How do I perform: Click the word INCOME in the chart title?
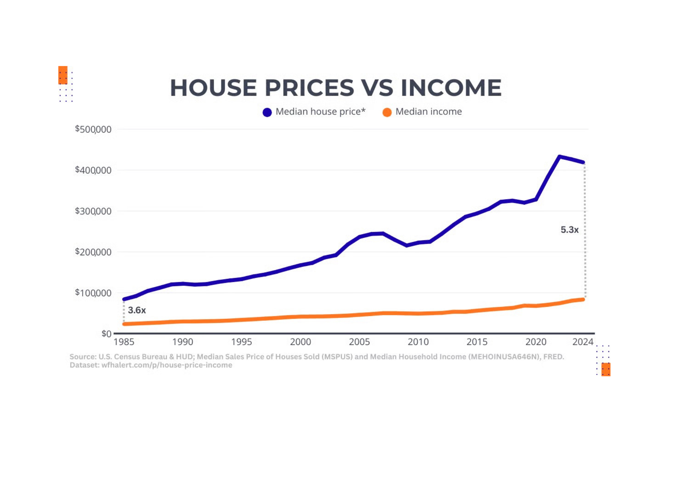point(451,88)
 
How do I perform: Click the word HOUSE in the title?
point(213,88)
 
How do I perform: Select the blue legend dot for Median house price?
point(267,112)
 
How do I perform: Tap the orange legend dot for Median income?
point(387,112)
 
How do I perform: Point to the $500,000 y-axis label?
point(93,129)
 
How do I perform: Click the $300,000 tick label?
point(93,211)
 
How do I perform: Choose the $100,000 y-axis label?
point(93,293)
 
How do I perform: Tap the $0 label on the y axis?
point(106,334)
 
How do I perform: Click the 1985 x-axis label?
point(124,342)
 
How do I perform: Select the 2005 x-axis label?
point(359,342)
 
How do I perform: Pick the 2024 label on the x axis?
point(583,342)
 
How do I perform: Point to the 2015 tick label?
point(477,342)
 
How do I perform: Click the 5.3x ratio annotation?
point(569,230)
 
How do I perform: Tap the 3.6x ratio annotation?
point(137,310)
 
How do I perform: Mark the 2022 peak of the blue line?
point(559,156)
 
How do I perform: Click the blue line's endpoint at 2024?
point(583,162)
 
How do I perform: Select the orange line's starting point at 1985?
point(124,324)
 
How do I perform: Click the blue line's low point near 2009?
point(406,245)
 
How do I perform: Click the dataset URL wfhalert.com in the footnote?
point(166,365)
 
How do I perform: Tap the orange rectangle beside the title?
point(63,75)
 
